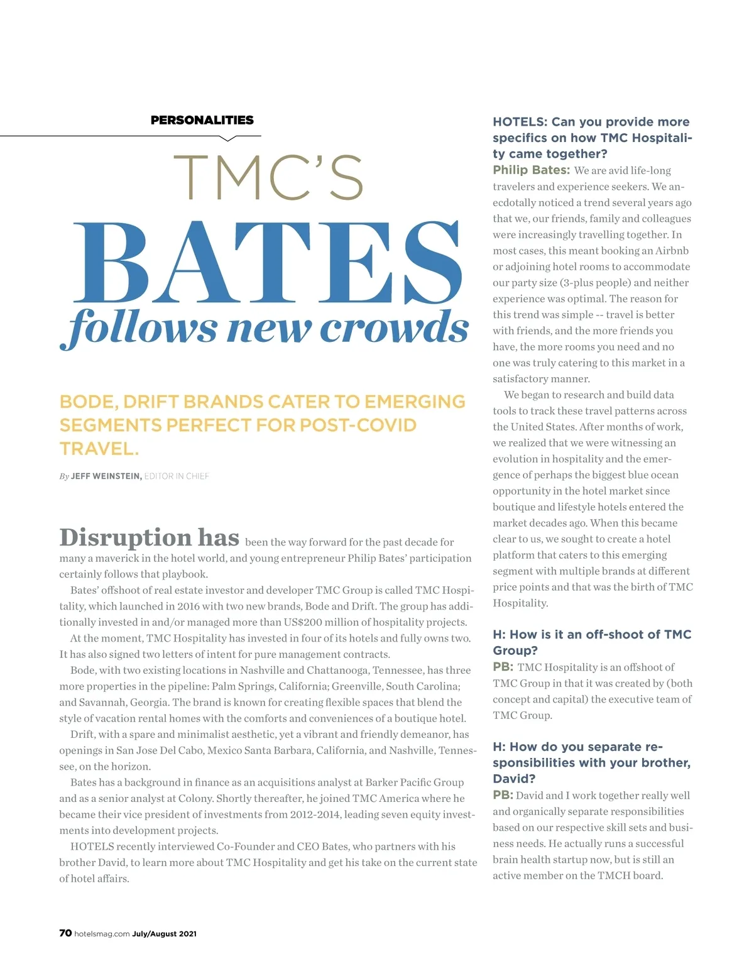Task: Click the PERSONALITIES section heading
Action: (x=202, y=120)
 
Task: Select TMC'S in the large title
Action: (x=268, y=177)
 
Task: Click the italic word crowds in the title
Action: (x=394, y=327)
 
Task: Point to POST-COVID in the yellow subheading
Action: (x=358, y=425)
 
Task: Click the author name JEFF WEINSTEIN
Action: (x=106, y=476)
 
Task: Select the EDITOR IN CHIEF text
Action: (x=177, y=476)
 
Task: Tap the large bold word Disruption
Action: (x=125, y=538)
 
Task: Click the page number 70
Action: (x=65, y=933)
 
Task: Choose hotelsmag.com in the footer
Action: (x=102, y=934)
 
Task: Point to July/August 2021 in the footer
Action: (x=164, y=934)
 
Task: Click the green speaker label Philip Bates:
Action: (x=531, y=170)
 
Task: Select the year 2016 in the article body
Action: (x=188, y=606)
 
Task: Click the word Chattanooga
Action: (x=341, y=671)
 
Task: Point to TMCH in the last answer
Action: (x=615, y=875)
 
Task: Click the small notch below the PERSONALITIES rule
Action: (x=229, y=138)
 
